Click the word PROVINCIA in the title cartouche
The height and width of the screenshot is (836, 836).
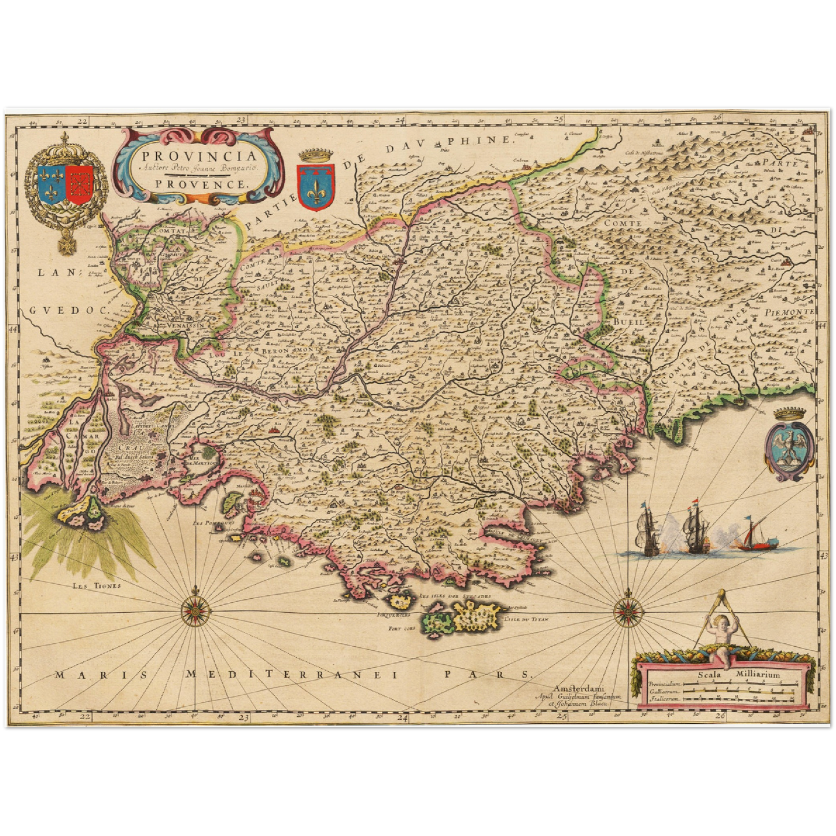click(198, 156)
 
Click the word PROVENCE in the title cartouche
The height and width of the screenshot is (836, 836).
click(198, 184)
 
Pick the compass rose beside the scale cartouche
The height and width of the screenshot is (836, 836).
click(627, 609)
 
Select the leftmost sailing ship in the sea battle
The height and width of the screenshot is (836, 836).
click(647, 531)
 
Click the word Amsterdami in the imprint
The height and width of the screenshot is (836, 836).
click(579, 688)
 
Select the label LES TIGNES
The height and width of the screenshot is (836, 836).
click(97, 585)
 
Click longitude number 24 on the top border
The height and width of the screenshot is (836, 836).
click(400, 119)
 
